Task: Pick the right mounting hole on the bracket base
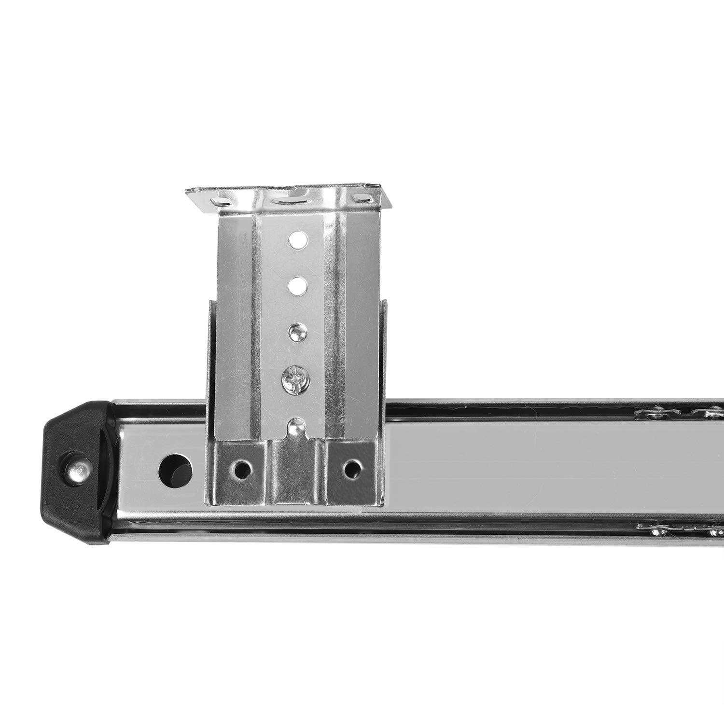tap(353, 469)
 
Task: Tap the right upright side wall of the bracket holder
tap(384, 352)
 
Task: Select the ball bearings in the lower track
tap(681, 531)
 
